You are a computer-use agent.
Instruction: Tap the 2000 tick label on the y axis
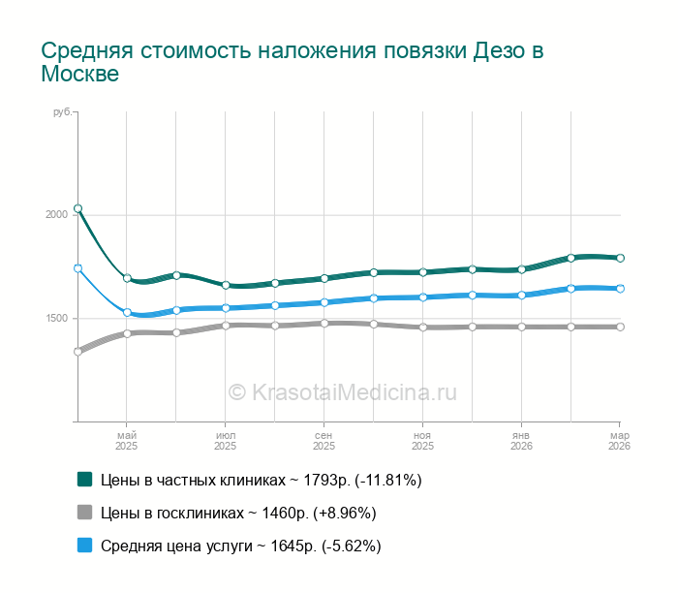[x=56, y=214]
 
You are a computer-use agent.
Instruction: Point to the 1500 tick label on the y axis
[x=56, y=319]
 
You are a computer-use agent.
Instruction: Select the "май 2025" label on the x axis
[x=127, y=441]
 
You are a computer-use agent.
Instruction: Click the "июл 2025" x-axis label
[x=226, y=441]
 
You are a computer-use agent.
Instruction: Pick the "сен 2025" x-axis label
[x=324, y=441]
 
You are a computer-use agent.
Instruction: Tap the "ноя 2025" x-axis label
[x=422, y=441]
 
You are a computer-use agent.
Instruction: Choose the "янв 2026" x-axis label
[x=521, y=441]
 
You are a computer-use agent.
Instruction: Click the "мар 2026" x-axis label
[x=619, y=441]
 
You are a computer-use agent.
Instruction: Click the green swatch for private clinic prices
[x=84, y=480]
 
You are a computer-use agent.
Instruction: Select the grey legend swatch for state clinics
[x=84, y=513]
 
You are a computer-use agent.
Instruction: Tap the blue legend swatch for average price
[x=84, y=546]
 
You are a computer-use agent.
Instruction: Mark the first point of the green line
[x=77, y=208]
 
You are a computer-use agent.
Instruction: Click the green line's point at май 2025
[x=127, y=278]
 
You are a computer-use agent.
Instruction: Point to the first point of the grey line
[x=77, y=352]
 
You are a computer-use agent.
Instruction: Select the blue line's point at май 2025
[x=127, y=312]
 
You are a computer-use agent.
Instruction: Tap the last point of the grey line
[x=620, y=327]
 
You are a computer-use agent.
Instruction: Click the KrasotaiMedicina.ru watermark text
[x=342, y=392]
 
